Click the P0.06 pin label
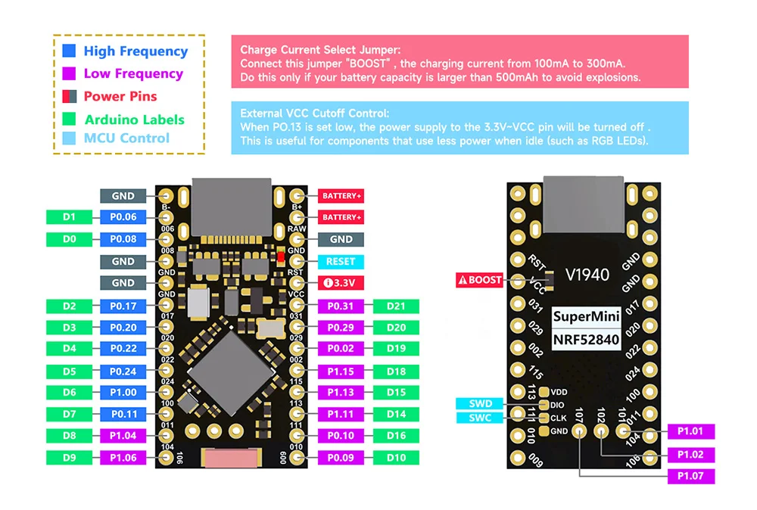pos(123,217)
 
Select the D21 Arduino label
pos(396,306)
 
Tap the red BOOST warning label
pos(479,280)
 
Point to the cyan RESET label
pos(341,261)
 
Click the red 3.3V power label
pos(341,283)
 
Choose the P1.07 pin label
pos(691,476)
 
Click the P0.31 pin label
pos(341,306)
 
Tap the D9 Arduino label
pos(69,457)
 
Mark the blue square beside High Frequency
pos(70,51)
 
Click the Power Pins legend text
pos(120,96)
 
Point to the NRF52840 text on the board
pos(586,339)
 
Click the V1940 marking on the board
pos(587,275)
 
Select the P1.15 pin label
pos(341,371)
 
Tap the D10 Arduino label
pos(396,457)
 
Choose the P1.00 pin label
pos(123,392)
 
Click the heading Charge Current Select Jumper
pos(319,50)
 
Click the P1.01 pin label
pos(691,431)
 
